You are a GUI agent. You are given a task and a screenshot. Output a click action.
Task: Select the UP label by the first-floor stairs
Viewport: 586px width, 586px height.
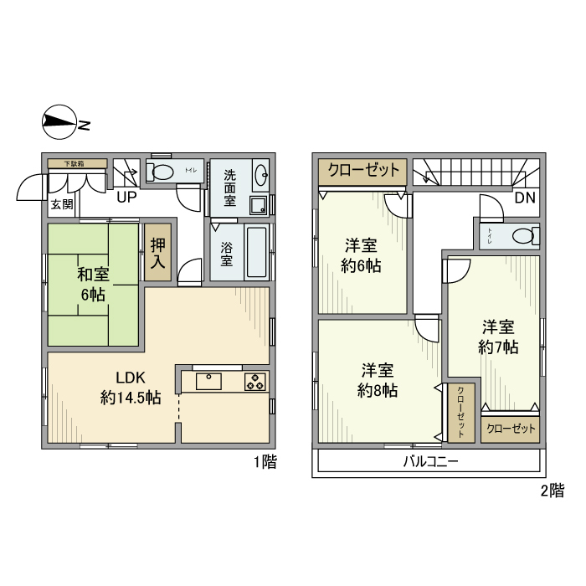(126, 198)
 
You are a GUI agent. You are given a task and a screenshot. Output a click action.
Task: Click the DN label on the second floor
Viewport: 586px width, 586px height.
(524, 198)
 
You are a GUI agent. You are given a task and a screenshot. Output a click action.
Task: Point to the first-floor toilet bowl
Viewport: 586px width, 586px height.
(163, 172)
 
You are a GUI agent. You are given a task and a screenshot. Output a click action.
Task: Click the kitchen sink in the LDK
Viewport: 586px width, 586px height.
(209, 381)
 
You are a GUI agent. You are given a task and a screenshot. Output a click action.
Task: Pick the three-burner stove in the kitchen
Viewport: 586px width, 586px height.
(254, 382)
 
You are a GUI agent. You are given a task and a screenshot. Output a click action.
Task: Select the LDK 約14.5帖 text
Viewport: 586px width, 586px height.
(130, 388)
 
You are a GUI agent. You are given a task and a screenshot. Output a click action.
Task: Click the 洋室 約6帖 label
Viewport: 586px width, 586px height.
(362, 256)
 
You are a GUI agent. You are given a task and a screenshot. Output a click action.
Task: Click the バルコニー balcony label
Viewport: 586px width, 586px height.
(430, 461)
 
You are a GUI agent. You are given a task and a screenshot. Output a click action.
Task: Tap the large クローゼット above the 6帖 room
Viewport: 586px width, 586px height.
(363, 170)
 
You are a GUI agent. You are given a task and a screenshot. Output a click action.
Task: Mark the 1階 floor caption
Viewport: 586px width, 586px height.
(265, 461)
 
